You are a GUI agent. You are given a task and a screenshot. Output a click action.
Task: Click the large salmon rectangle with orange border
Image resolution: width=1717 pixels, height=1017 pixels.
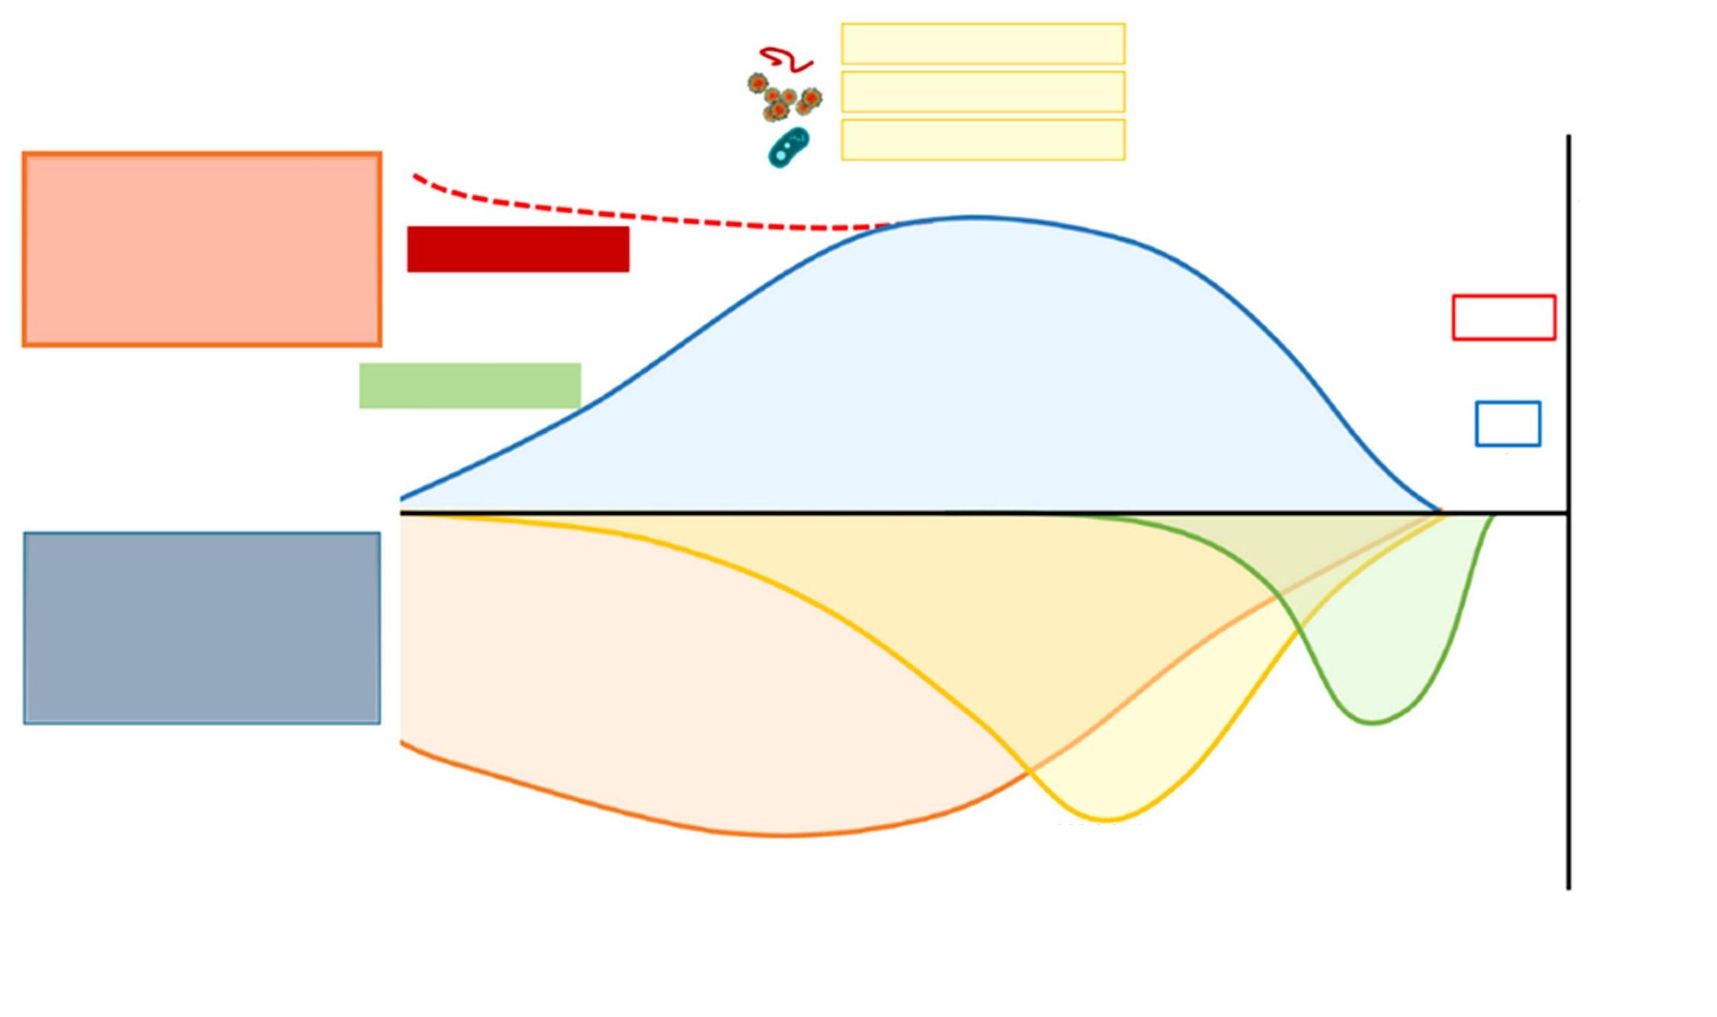[201, 249]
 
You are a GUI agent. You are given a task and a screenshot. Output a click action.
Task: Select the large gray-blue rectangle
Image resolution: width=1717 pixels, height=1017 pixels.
[201, 628]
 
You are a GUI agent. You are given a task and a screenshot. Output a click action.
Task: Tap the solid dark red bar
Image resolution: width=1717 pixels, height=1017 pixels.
[518, 249]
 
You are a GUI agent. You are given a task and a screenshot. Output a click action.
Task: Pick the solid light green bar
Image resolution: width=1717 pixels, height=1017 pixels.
[470, 386]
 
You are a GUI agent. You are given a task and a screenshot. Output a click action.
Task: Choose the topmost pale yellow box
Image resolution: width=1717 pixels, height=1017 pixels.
[983, 44]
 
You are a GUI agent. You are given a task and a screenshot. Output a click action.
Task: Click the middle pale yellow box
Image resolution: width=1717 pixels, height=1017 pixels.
[983, 92]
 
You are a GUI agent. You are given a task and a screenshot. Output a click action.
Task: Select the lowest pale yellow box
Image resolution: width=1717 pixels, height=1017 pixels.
[983, 139]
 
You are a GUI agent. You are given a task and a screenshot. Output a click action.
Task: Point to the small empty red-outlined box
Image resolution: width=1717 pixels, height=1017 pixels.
[1503, 317]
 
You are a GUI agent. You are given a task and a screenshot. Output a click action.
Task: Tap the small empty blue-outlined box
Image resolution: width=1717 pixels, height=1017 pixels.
[1507, 424]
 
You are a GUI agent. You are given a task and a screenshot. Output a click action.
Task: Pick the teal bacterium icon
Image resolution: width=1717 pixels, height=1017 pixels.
[788, 147]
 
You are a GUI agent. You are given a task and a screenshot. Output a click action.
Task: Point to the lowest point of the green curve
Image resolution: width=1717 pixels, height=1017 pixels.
[1372, 723]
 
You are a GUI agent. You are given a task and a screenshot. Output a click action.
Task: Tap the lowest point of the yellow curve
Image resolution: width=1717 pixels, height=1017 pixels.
[1107, 820]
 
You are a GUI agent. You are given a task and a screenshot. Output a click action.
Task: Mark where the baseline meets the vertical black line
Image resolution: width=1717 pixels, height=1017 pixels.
[1568, 514]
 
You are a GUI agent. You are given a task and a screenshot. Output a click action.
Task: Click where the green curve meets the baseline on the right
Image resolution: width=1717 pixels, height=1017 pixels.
[1493, 515]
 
